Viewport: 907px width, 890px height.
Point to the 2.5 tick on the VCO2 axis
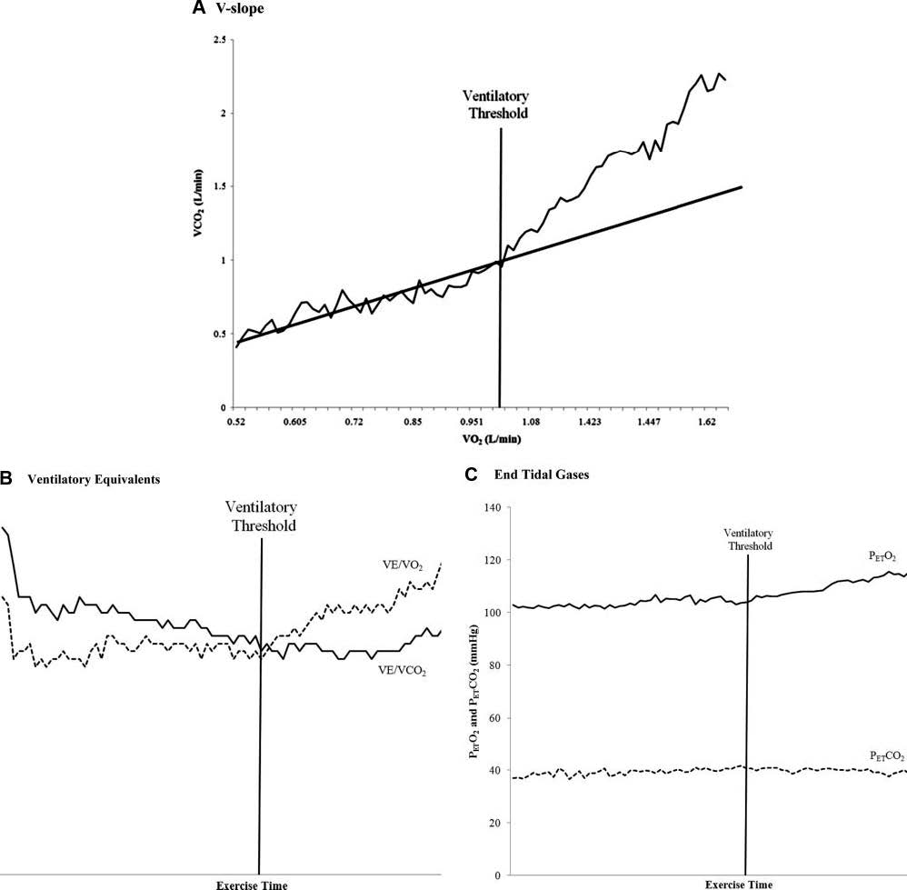click(217, 40)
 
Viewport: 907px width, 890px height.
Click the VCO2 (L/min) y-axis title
click(200, 225)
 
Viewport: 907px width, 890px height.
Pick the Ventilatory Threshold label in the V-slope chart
click(495, 105)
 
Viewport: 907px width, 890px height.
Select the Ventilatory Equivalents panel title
click(95, 478)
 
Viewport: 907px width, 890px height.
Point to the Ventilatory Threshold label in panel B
click(262, 515)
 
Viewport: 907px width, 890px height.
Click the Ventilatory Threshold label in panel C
click(747, 539)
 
